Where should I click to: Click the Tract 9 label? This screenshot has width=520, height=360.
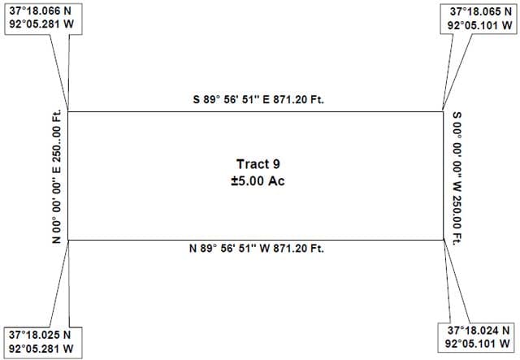(258, 164)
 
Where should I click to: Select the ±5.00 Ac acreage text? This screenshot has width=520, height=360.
(258, 181)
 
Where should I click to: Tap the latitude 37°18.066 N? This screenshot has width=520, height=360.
(40, 11)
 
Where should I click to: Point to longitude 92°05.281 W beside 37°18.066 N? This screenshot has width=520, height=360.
(41, 24)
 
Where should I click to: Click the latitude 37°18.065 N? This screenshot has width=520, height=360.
(481, 11)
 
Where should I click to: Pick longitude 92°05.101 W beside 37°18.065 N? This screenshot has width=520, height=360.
(480, 25)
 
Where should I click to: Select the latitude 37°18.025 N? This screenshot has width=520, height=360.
(40, 335)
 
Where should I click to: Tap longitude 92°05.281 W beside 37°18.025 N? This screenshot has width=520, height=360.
(41, 349)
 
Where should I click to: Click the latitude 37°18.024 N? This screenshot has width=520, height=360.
(479, 330)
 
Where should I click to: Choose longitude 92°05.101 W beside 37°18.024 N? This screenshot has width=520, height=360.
(478, 343)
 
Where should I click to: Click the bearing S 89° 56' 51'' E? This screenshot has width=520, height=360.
(231, 99)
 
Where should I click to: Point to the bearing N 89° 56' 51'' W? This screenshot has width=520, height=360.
(229, 248)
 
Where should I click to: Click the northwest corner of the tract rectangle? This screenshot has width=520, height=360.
(68, 112)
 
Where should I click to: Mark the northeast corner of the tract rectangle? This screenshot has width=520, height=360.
(443, 112)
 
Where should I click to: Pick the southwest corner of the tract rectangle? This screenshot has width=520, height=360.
(68, 240)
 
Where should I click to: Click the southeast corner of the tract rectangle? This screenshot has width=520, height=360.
(443, 240)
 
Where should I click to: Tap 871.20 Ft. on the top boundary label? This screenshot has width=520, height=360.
(298, 99)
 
